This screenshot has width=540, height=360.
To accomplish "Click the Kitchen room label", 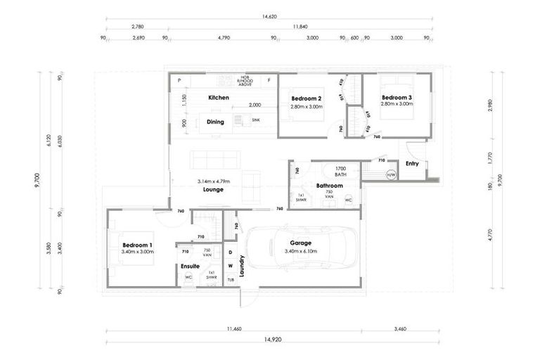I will click(218, 97).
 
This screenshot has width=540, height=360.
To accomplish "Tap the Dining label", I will click(215, 122).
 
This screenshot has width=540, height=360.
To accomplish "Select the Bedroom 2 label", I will click(306, 98).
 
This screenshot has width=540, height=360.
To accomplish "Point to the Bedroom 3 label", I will click(396, 97).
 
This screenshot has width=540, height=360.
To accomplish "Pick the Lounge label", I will click(213, 190).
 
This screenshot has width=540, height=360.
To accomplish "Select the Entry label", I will click(412, 164).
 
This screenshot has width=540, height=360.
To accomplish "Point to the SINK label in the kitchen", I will click(256, 120).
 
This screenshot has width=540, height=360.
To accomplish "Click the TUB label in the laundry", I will click(230, 280).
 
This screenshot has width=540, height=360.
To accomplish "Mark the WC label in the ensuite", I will click(188, 277).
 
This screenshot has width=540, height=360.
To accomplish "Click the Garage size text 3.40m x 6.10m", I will click(300, 251).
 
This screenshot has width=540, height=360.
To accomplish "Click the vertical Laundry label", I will click(241, 266).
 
